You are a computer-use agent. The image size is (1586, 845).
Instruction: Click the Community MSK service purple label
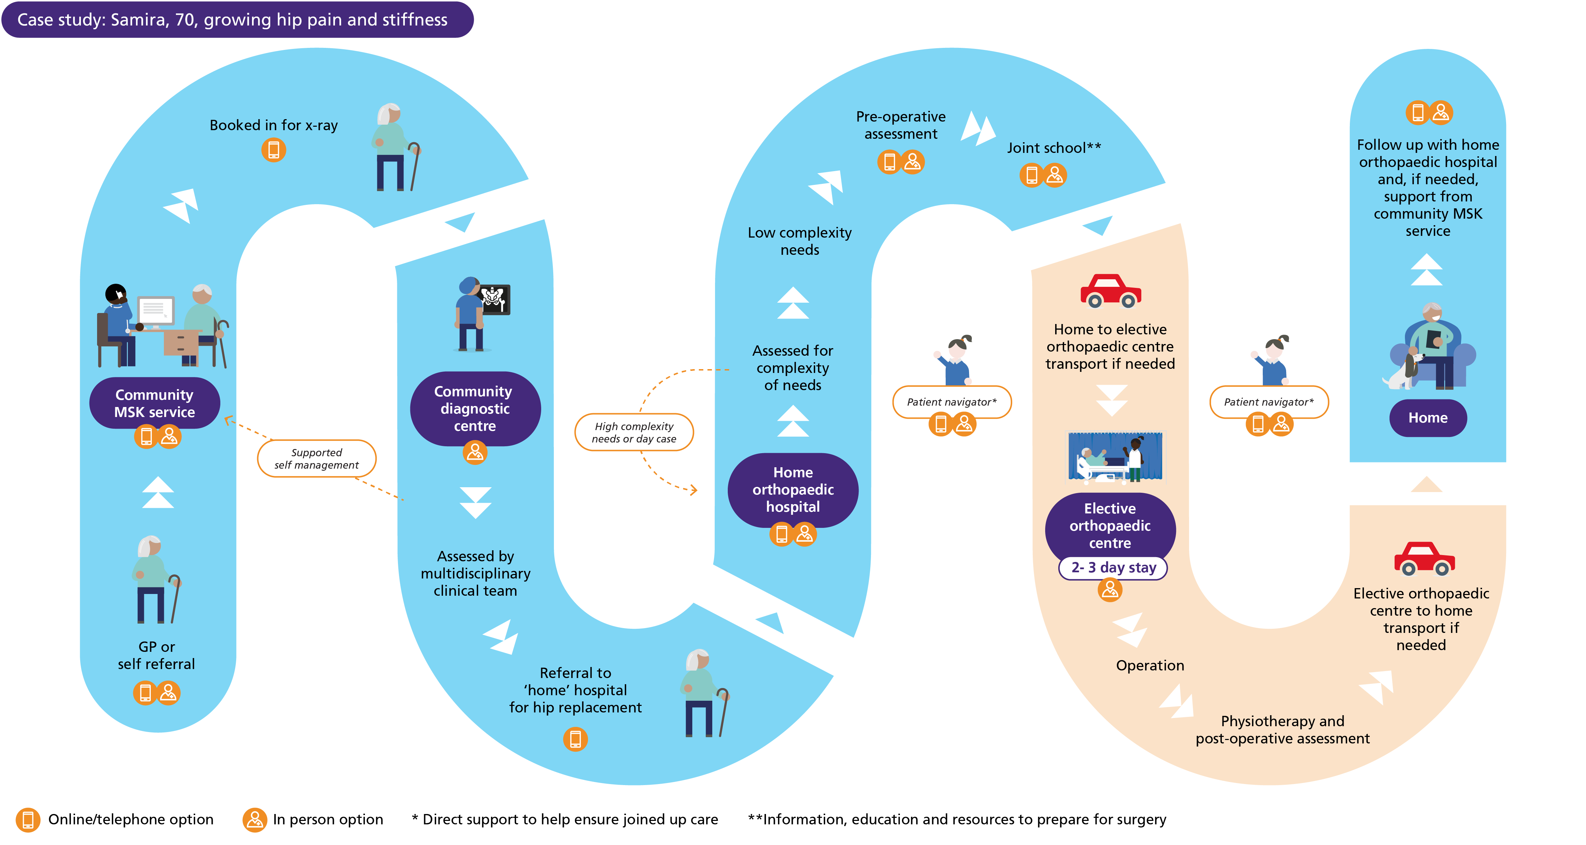point(155,404)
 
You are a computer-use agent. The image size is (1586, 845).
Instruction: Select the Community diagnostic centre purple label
point(475,408)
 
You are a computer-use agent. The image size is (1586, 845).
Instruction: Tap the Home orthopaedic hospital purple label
point(793,490)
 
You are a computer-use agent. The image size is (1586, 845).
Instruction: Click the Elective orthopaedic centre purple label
point(1110,525)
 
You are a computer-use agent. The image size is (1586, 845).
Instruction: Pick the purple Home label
point(1428,418)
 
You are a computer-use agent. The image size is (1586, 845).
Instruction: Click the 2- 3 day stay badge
point(1113,567)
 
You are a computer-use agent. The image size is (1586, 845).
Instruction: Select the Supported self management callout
point(316,458)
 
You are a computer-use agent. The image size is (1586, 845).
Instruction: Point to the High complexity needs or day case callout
point(634,432)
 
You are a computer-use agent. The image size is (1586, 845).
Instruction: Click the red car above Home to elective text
point(1111,291)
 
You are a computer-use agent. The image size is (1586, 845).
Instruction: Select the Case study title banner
point(237,20)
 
